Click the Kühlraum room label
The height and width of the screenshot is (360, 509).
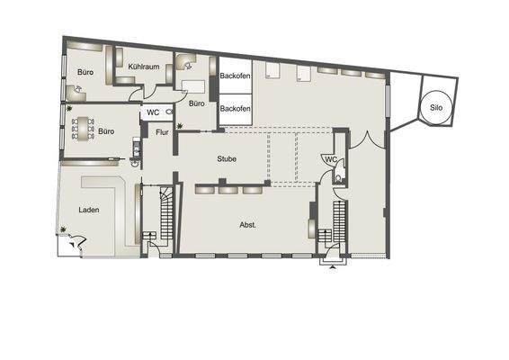143,67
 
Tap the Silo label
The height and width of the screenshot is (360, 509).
436,107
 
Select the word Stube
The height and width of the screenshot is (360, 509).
227,158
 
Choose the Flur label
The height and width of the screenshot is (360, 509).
163,133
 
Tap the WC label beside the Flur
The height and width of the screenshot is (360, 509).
153,114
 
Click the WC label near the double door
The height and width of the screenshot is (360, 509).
330,159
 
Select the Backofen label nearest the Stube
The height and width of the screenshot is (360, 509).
235,109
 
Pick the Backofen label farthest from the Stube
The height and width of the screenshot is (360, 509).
235,76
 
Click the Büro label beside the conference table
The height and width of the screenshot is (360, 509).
106,130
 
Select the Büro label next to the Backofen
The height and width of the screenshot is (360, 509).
197,103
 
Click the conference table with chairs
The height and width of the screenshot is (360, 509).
84,130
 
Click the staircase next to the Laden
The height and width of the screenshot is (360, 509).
165,216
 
